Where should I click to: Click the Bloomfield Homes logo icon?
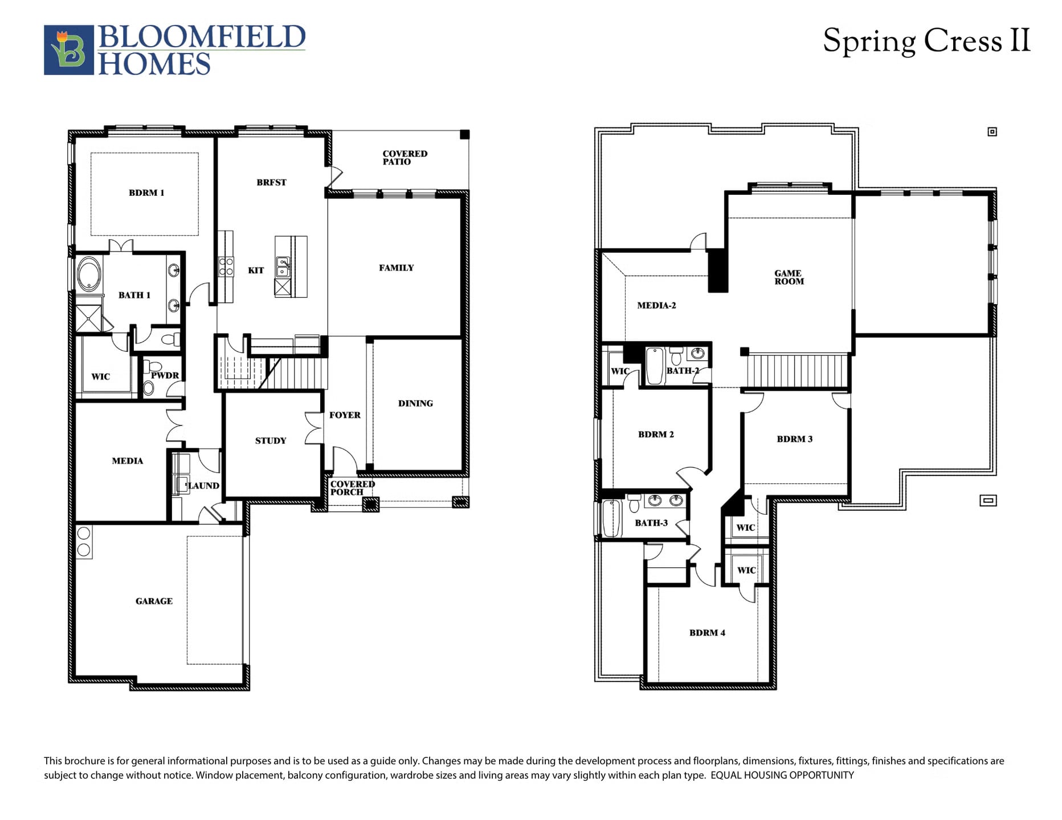pyautogui.click(x=69, y=50)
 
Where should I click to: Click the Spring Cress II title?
pyautogui.click(x=926, y=41)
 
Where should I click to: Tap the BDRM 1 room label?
pyautogui.click(x=146, y=193)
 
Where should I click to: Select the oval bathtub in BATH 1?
pyautogui.click(x=89, y=274)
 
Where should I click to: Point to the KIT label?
pyautogui.click(x=256, y=270)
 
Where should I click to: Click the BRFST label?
pyautogui.click(x=271, y=183)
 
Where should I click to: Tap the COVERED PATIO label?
pyautogui.click(x=405, y=158)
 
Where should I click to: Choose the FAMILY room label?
pyautogui.click(x=397, y=268)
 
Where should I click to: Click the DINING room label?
pyautogui.click(x=415, y=403)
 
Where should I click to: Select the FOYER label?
pyautogui.click(x=345, y=415)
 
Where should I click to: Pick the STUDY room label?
pyautogui.click(x=271, y=441)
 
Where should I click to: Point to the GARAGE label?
pyautogui.click(x=154, y=601)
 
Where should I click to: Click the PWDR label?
pyautogui.click(x=165, y=376)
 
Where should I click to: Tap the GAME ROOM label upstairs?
pyautogui.click(x=789, y=277)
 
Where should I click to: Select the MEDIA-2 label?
pyautogui.click(x=656, y=306)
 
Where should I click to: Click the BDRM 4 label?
pyautogui.click(x=707, y=633)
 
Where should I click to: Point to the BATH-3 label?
pyautogui.click(x=651, y=523)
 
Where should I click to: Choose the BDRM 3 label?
pyautogui.click(x=794, y=439)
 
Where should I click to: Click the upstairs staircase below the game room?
pyautogui.click(x=798, y=371)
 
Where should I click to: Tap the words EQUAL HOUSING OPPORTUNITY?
pyautogui.click(x=782, y=775)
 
